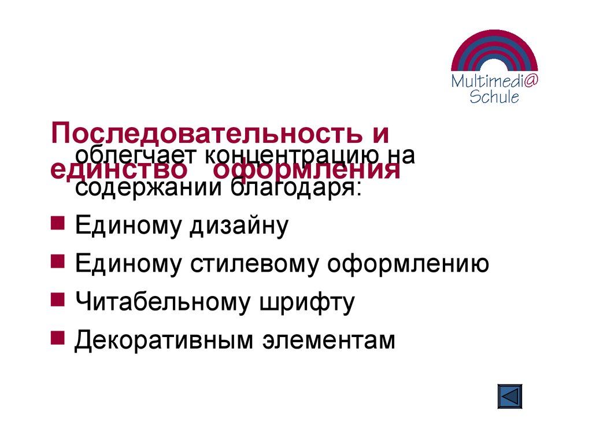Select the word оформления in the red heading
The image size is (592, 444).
[306, 170]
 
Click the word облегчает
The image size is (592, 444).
[133, 155]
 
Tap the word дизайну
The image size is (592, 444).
[237, 226]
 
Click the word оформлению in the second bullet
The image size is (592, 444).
[408, 264]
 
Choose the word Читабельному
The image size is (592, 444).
[164, 302]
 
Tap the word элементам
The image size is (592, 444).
[329, 340]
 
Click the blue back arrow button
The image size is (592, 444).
[509, 397]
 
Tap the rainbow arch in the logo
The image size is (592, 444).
[494, 47]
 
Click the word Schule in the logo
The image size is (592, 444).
[494, 97]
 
